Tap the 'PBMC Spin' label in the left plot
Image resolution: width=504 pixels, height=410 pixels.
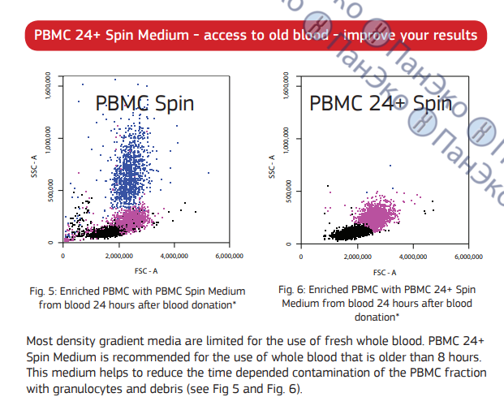[144, 103]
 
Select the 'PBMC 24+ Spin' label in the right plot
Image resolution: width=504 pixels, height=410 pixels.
[380, 103]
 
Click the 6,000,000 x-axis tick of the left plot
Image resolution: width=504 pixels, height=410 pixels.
[230, 256]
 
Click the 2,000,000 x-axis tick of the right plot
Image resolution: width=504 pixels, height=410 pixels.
[357, 256]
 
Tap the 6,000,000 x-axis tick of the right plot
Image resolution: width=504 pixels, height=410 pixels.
[467, 256]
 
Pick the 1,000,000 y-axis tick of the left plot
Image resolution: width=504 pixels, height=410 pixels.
[50, 143]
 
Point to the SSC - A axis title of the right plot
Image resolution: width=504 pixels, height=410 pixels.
[273, 167]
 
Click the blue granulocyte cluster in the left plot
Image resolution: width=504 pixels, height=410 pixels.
[131, 175]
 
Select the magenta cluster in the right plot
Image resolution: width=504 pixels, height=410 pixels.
[378, 215]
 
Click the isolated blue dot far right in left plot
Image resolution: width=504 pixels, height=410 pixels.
[209, 173]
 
